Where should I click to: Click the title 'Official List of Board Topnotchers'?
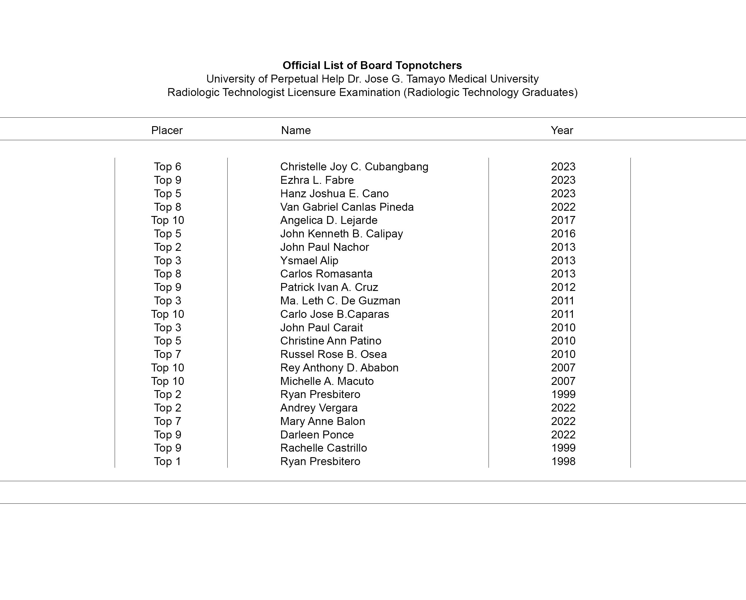(372, 66)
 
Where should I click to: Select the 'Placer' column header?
(167, 131)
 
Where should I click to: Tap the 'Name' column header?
(296, 131)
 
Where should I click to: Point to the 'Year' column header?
(562, 131)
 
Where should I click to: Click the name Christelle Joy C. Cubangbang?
(354, 167)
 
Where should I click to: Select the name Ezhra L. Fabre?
(317, 180)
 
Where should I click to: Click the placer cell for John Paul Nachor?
(167, 247)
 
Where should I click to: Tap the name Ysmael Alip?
(309, 261)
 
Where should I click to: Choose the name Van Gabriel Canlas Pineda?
(347, 207)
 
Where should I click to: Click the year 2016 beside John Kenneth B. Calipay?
(563, 234)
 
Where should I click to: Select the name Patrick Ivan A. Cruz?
(329, 287)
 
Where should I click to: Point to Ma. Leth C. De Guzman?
(340, 301)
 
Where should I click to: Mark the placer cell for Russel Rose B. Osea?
(167, 354)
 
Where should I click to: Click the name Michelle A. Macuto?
(327, 381)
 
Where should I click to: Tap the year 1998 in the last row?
(563, 462)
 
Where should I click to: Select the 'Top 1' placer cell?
(167, 462)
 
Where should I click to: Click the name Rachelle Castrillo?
(324, 448)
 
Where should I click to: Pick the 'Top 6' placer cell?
(167, 167)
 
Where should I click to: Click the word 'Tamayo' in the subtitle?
(426, 79)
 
